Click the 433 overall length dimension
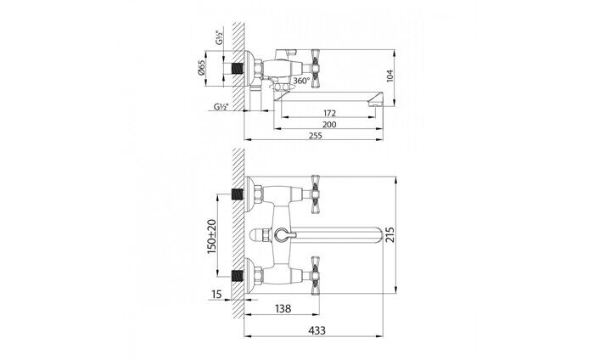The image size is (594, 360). (x=317, y=330)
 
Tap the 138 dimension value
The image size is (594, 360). (x=283, y=308)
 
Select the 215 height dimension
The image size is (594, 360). (x=389, y=234)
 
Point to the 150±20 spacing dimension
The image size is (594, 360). (x=212, y=237)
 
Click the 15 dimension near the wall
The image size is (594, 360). (x=216, y=294)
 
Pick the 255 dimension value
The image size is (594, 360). (x=315, y=135)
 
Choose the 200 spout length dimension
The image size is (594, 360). (x=329, y=124)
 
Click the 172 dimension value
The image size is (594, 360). (x=329, y=113)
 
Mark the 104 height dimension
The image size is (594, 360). (x=390, y=76)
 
